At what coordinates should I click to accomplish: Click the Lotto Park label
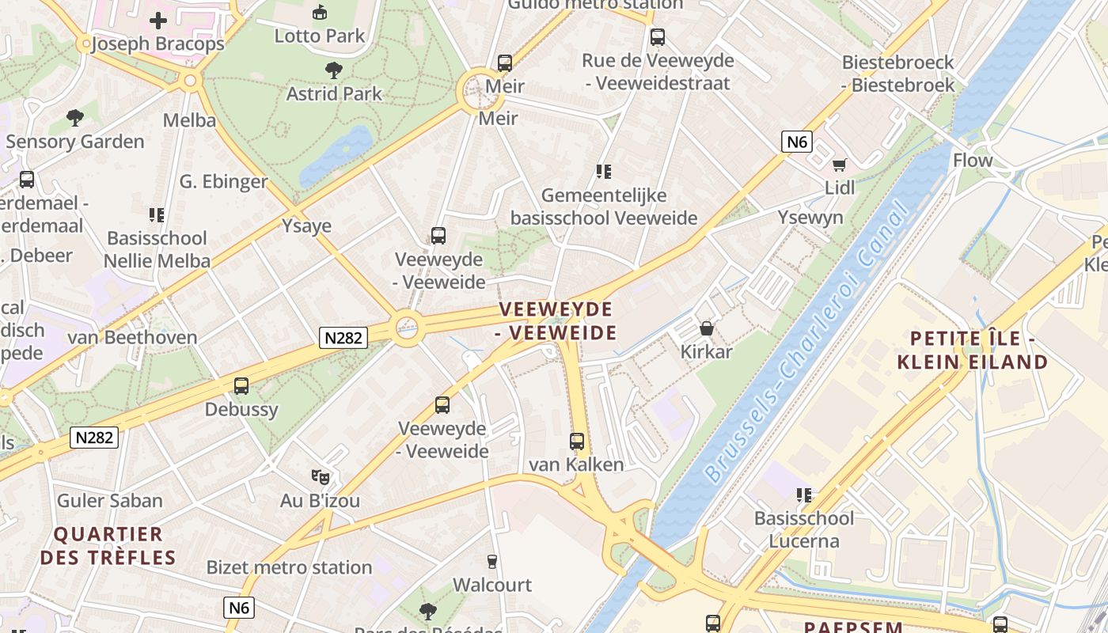click(320, 36)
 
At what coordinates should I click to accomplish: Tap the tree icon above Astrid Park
click(334, 70)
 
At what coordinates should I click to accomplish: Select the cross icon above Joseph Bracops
click(158, 21)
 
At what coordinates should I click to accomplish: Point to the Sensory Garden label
click(75, 142)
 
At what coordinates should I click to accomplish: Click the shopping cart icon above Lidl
click(839, 165)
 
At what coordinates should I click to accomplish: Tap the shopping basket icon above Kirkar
click(706, 328)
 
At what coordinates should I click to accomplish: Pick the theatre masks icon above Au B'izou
click(320, 476)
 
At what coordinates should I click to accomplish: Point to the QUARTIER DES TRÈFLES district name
click(108, 546)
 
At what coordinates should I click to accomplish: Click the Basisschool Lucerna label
click(804, 530)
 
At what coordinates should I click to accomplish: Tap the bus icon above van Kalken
click(577, 442)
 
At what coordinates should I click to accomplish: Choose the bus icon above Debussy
click(241, 386)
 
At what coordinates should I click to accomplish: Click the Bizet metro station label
click(289, 567)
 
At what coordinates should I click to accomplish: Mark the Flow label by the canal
click(973, 161)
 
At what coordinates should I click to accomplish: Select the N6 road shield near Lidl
click(796, 142)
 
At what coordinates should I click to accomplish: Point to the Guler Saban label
click(110, 500)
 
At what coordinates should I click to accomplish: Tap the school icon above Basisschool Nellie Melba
click(157, 214)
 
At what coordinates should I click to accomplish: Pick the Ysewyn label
click(810, 218)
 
